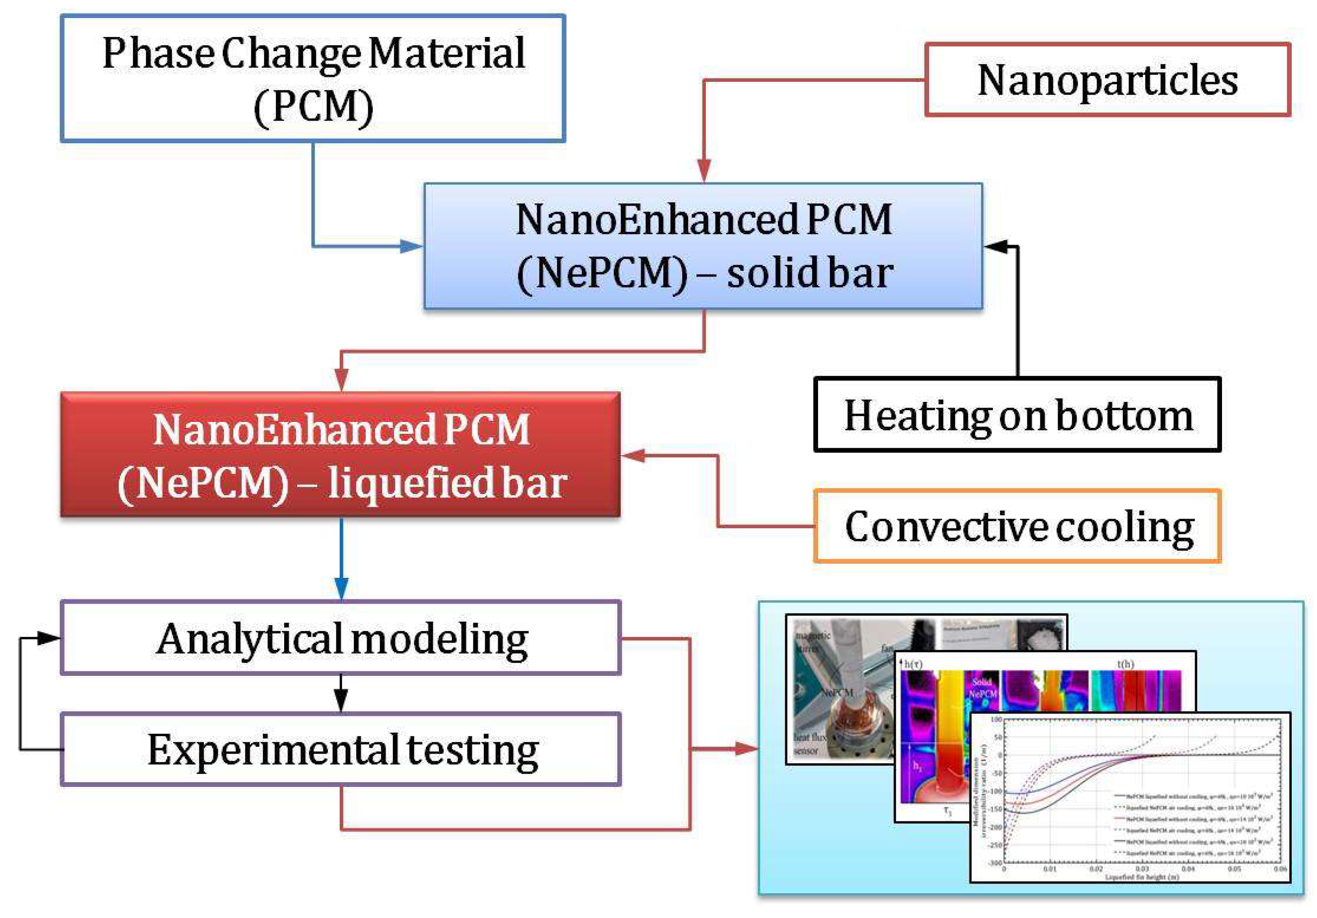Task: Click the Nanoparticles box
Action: click(1107, 80)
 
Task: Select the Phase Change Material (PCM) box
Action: click(313, 79)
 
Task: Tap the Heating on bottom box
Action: click(1017, 414)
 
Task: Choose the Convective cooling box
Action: click(1017, 526)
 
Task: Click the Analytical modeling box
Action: click(341, 638)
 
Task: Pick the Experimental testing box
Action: click(341, 749)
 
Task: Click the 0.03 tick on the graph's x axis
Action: click(1141, 869)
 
